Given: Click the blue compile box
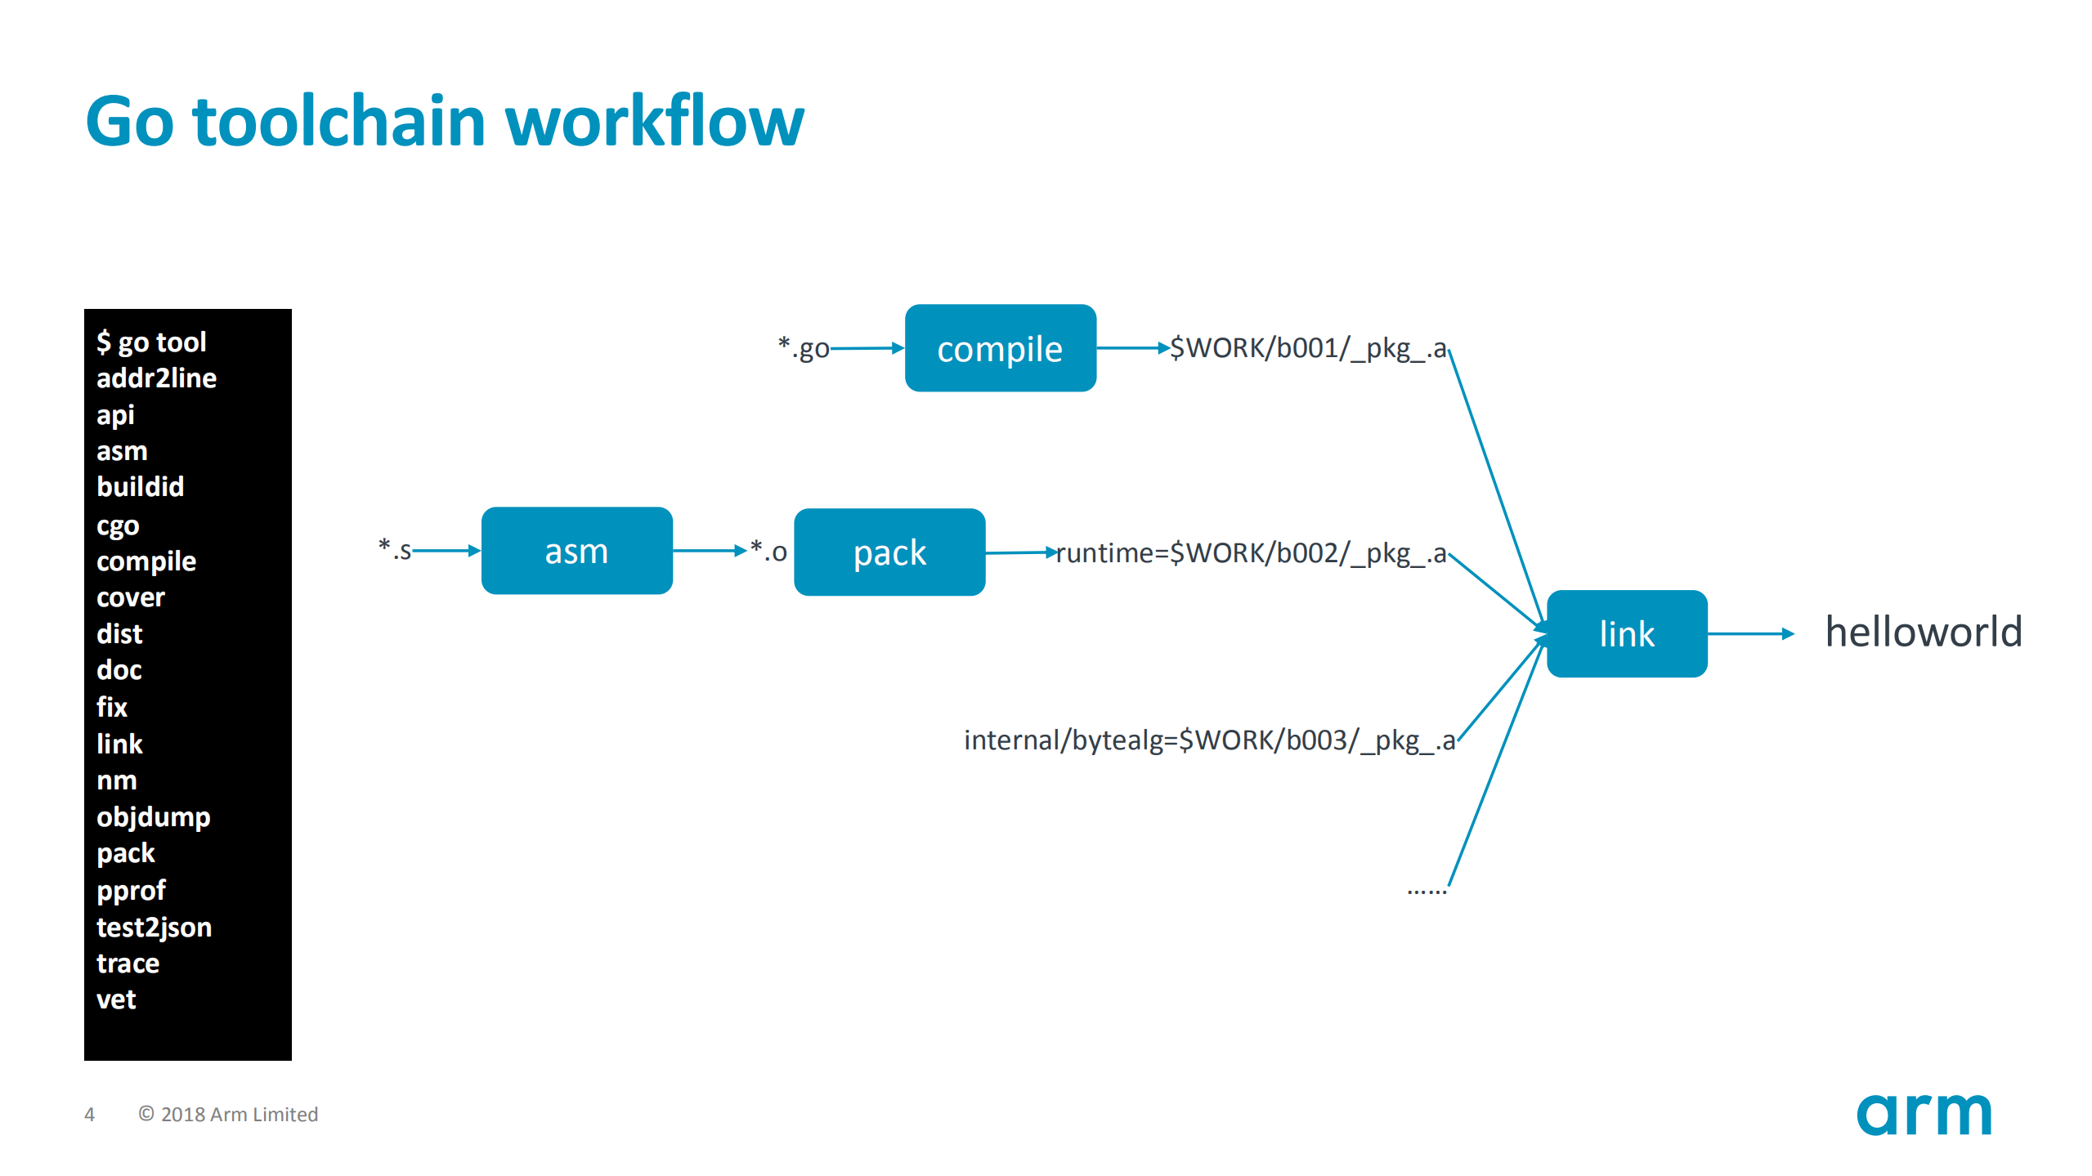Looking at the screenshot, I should (x=1000, y=348).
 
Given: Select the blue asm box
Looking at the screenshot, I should (x=576, y=551).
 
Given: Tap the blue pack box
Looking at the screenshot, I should (x=889, y=552).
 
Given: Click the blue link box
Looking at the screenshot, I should (x=1626, y=633).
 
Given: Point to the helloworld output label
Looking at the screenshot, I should (x=1923, y=632).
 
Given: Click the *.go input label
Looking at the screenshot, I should (x=803, y=348).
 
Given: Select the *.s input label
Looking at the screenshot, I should (x=395, y=550).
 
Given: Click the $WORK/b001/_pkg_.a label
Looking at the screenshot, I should (x=1307, y=348).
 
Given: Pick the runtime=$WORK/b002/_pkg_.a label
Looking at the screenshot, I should (x=1251, y=553).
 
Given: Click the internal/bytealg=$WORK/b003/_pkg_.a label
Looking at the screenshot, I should (x=1209, y=740).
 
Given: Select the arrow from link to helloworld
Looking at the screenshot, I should (x=1749, y=633).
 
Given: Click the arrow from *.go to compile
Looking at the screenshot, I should (x=867, y=348).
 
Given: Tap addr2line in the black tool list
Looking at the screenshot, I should (x=156, y=378).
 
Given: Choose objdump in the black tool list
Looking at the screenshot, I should (x=153, y=816).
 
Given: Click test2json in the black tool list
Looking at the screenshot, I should (x=154, y=927).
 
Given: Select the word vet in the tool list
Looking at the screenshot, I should (x=116, y=999).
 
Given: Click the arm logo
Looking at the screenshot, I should (x=1923, y=1114).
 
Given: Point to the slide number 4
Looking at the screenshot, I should (x=90, y=1115).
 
